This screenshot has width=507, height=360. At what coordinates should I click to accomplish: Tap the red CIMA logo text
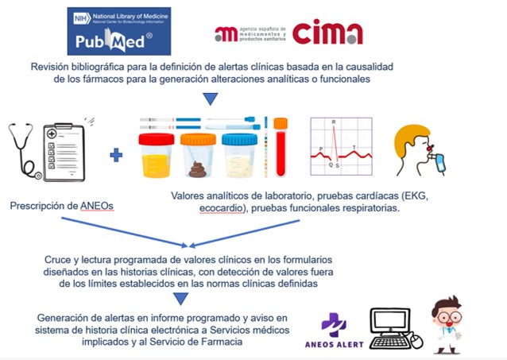point(327,33)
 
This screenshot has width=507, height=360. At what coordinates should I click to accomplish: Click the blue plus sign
point(117,154)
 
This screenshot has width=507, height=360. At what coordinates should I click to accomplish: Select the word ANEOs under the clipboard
point(95,207)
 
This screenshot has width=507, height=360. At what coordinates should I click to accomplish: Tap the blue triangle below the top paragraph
point(209,99)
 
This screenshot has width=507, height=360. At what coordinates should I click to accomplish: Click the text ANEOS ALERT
point(334,343)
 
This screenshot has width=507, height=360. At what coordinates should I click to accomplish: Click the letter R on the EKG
point(334,122)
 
